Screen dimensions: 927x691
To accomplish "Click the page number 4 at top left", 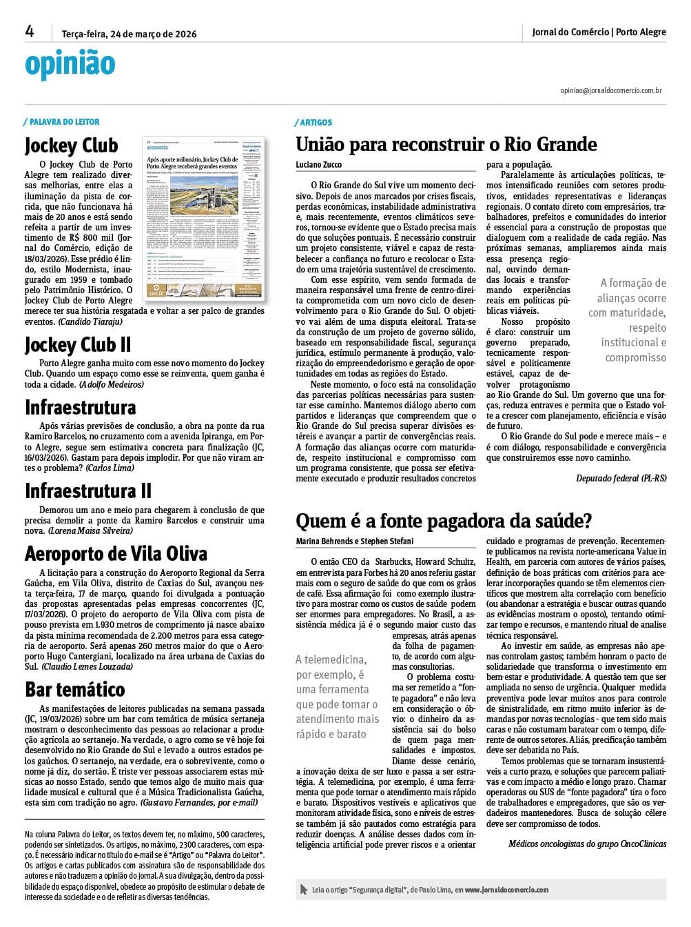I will click(30, 32).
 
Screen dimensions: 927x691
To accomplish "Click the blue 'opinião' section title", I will click(70, 64).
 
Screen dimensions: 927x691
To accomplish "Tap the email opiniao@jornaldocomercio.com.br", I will click(610, 90).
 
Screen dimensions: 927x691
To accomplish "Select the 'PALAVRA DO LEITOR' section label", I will click(64, 122).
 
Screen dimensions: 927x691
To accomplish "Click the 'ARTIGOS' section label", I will click(316, 123).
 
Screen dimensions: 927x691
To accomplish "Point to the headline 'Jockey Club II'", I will click(78, 344).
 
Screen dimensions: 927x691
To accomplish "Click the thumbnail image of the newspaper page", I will click(203, 218).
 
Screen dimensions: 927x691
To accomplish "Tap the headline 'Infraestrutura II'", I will click(88, 490).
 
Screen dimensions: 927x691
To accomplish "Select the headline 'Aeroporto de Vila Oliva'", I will click(116, 554).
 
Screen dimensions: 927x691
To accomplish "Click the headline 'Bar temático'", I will click(75, 689).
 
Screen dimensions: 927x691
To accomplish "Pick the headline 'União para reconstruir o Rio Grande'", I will click(446, 144).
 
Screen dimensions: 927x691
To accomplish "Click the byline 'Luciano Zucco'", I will click(318, 165).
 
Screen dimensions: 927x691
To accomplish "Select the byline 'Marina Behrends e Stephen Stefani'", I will click(355, 541).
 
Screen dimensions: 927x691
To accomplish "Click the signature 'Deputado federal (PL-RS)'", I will click(621, 478).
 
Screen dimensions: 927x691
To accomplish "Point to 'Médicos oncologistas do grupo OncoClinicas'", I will click(587, 844).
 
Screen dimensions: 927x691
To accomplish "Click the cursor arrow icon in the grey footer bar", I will click(304, 890).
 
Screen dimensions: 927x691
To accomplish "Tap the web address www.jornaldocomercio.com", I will click(506, 890).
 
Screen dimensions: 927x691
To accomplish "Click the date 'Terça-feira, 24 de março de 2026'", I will click(129, 33).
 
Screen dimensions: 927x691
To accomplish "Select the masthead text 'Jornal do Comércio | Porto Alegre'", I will click(599, 32).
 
